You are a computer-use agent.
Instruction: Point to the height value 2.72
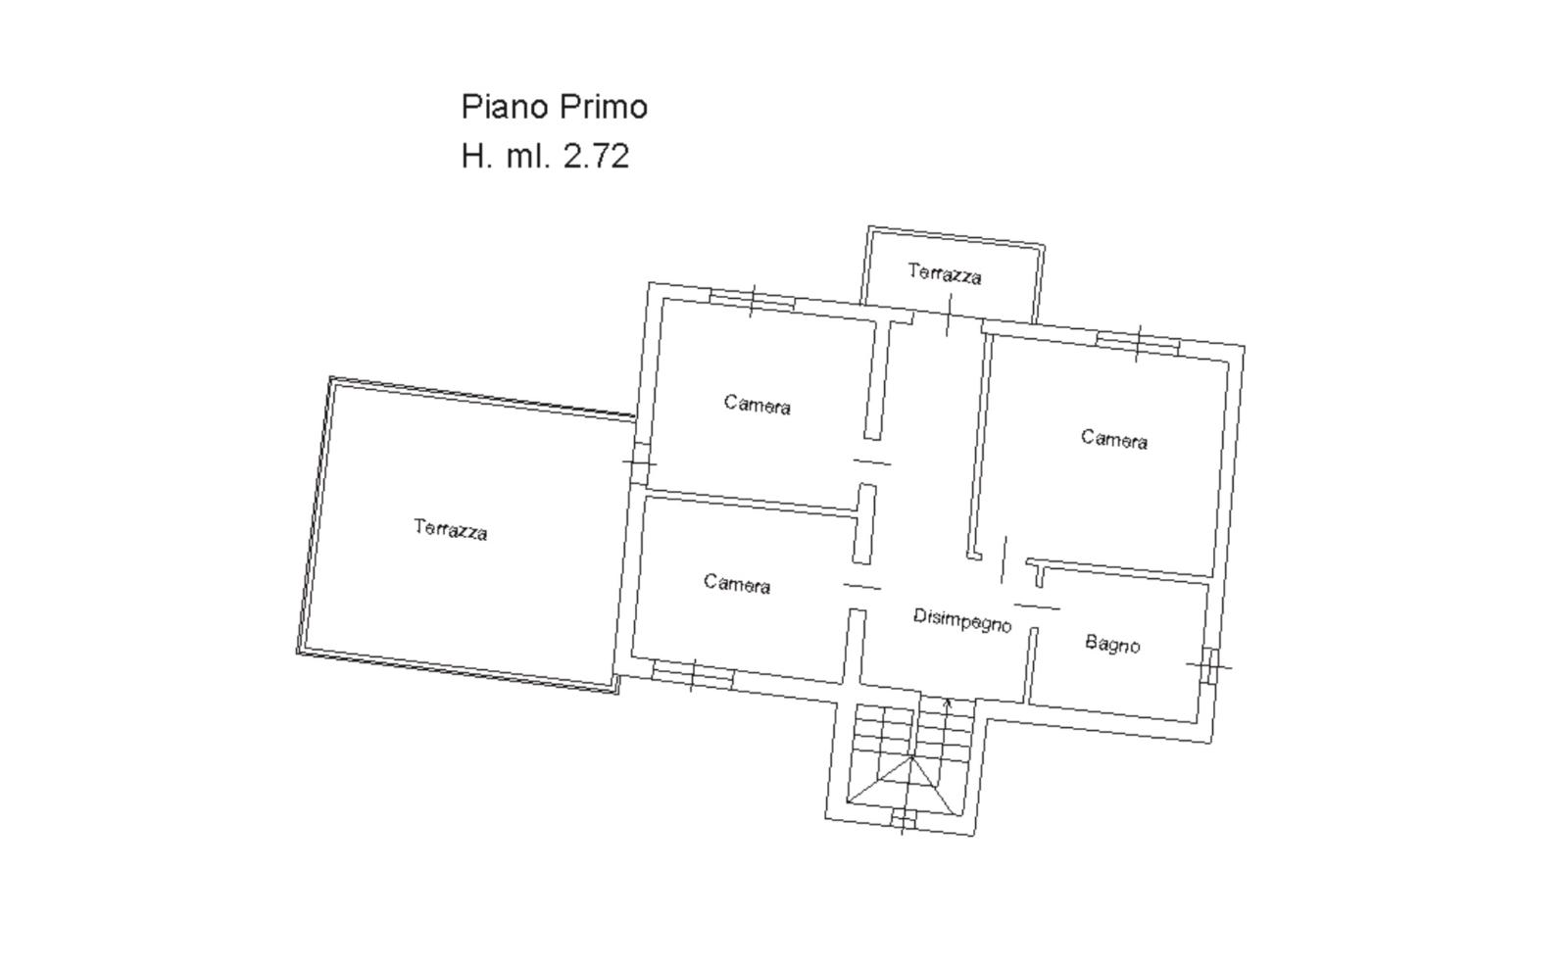(x=597, y=156)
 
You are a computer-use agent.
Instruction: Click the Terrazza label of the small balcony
(x=945, y=273)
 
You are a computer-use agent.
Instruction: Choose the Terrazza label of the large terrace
(x=450, y=530)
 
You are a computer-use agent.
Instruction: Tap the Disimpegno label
(x=962, y=620)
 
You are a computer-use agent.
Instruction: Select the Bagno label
(x=1112, y=644)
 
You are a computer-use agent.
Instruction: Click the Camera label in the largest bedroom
(x=1114, y=439)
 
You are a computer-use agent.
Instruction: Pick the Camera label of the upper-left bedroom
(x=758, y=405)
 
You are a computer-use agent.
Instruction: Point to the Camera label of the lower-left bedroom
(x=737, y=584)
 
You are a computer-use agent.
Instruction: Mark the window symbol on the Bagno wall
(x=1210, y=666)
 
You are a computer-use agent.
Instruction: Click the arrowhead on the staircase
(x=948, y=702)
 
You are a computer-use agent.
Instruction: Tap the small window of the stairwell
(x=903, y=819)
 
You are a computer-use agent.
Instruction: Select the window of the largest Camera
(x=1138, y=343)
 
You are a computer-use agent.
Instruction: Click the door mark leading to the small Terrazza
(x=950, y=315)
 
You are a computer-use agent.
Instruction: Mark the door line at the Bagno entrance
(x=1037, y=606)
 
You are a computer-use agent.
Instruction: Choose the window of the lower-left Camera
(x=693, y=676)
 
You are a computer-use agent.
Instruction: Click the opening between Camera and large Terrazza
(x=640, y=462)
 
